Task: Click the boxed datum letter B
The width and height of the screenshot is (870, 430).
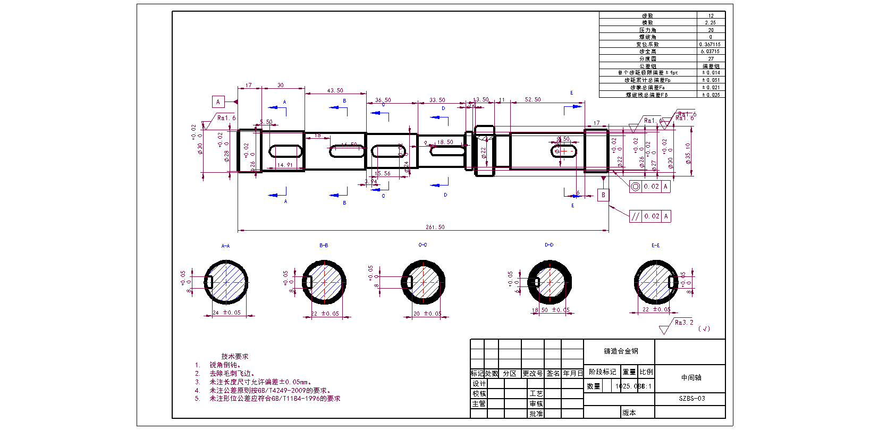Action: click(603, 195)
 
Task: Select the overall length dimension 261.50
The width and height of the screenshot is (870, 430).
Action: click(435, 227)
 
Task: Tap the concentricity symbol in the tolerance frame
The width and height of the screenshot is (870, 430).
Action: click(636, 187)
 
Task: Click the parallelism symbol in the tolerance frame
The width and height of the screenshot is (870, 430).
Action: click(636, 216)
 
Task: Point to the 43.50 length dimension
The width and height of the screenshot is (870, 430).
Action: click(335, 90)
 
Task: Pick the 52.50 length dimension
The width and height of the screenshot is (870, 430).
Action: click(533, 99)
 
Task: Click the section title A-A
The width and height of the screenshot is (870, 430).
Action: click(225, 246)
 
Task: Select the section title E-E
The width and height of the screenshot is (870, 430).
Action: click(655, 246)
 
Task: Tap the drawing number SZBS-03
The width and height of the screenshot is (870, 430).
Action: click(691, 398)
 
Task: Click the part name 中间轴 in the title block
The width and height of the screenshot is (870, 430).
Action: click(691, 377)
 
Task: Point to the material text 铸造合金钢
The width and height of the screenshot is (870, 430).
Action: click(621, 351)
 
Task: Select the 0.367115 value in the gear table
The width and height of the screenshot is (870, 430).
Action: click(710, 45)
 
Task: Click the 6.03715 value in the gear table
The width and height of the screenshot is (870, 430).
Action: click(710, 52)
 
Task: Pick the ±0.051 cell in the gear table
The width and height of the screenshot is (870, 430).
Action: click(711, 80)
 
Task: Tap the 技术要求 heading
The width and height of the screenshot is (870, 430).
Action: click(235, 356)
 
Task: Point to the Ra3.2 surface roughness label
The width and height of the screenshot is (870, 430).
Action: click(684, 323)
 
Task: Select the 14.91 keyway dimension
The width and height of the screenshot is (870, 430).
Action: click(285, 165)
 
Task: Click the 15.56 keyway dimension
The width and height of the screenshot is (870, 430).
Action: click(382, 173)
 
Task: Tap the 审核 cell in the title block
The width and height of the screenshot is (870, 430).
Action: click(536, 403)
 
